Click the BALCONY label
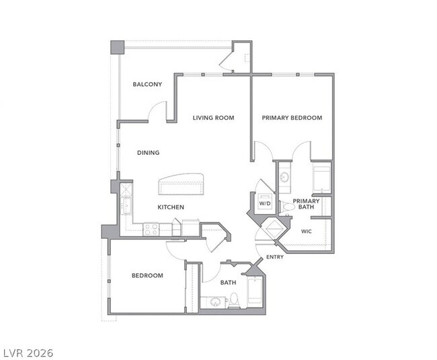point(147,84)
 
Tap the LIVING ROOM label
point(213,118)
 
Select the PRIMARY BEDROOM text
point(292,118)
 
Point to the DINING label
point(149,153)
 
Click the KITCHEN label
point(171,207)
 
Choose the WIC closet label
point(307,231)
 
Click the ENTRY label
point(274,258)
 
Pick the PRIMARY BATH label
point(306,204)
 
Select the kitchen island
point(182,184)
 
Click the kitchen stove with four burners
point(150,229)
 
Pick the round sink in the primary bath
point(284,178)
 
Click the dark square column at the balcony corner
point(118,47)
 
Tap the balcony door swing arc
point(156,110)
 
